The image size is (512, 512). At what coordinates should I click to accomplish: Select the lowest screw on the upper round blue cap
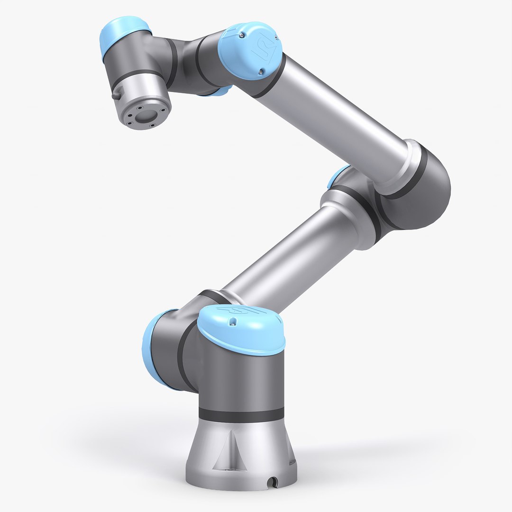click(260, 72)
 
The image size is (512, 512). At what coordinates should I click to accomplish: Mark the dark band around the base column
click(241, 414)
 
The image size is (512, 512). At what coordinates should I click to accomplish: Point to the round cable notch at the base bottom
click(272, 483)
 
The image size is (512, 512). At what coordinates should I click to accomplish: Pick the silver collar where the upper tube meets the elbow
click(405, 164)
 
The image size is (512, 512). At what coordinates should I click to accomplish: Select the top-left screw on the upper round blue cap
click(242, 36)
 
